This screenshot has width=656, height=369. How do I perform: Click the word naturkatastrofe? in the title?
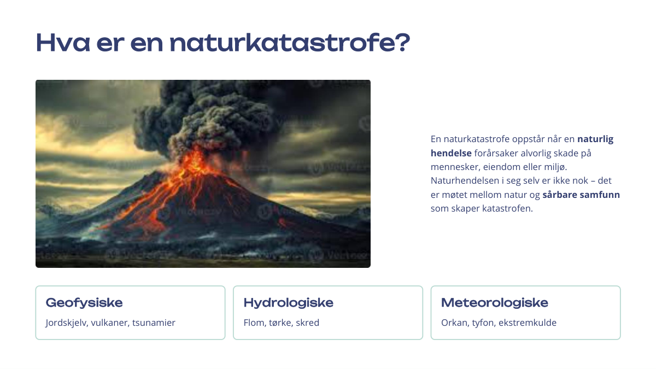290,43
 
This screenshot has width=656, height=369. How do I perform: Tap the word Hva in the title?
63,43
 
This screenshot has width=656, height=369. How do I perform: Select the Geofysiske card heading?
84,303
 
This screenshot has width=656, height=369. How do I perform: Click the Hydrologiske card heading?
289,303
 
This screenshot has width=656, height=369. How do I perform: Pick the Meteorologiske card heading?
495,302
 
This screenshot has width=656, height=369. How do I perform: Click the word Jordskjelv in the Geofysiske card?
67,323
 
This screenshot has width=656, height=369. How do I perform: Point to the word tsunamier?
154,323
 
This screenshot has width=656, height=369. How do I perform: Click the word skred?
307,323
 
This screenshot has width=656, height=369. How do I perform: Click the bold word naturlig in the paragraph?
595,139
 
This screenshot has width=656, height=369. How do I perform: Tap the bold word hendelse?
451,153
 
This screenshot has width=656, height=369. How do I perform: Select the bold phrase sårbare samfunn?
581,195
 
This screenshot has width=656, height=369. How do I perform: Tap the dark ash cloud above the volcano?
205,117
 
